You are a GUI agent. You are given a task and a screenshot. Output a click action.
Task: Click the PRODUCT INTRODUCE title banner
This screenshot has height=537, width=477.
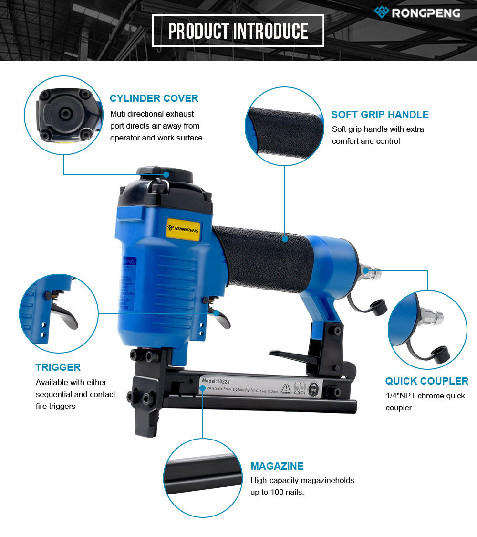pyautogui.click(x=238, y=31)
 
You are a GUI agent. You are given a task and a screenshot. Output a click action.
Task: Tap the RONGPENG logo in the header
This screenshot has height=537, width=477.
pyautogui.click(x=417, y=12)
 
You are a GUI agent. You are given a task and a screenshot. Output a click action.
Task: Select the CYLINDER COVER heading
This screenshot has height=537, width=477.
pyautogui.click(x=154, y=98)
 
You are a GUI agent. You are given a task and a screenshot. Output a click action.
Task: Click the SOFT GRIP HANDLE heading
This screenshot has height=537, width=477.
pyautogui.click(x=380, y=115)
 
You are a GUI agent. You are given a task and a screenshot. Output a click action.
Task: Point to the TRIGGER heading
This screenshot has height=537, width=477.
pyautogui.click(x=58, y=367)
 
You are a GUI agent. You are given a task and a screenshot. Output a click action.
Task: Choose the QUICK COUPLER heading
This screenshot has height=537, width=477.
pyautogui.click(x=426, y=381)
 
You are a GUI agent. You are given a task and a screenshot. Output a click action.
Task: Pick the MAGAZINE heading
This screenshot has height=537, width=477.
pyautogui.click(x=277, y=466)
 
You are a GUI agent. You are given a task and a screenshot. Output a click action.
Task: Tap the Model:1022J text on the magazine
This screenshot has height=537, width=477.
pyautogui.click(x=217, y=381)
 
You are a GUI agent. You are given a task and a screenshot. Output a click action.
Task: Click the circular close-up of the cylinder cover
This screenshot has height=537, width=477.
pyautogui.click(x=64, y=117)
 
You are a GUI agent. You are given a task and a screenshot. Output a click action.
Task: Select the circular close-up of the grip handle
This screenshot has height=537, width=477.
pyautogui.click(x=285, y=126)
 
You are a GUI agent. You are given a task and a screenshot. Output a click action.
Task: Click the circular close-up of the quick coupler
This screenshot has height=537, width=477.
pyautogui.click(x=427, y=330)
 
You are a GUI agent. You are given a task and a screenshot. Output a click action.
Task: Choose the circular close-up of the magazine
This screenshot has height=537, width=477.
pyautogui.click(x=202, y=478)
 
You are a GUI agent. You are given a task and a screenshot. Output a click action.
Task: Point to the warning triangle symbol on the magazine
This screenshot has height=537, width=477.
pyautogui.click(x=286, y=387)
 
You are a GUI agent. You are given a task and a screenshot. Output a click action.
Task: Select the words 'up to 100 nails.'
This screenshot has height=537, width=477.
pyautogui.click(x=277, y=492)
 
